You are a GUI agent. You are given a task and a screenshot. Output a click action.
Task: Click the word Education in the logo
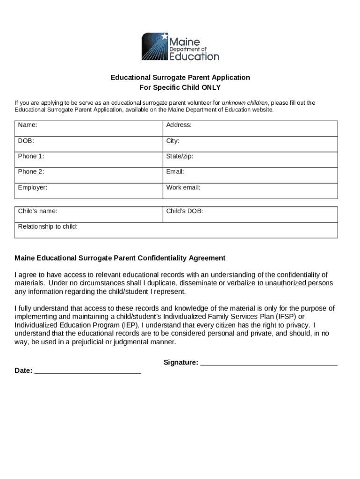[x=194, y=57]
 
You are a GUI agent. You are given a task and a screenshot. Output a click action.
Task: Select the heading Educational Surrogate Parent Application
[x=180, y=77]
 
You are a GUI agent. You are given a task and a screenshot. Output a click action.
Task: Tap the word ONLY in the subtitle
[x=211, y=87]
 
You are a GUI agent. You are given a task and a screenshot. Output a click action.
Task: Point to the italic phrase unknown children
[x=245, y=103]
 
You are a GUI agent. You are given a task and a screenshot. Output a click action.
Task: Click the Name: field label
[x=28, y=125]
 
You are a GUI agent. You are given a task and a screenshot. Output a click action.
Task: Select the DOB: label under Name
[x=26, y=141]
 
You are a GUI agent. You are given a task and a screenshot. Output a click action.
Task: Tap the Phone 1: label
[x=31, y=156]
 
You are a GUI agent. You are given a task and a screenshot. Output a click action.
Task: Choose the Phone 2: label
[x=31, y=172]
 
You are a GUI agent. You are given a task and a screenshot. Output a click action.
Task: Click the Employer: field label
[x=33, y=188]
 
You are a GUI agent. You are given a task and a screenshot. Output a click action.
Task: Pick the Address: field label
[x=179, y=125]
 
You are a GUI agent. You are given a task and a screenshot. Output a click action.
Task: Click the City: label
[x=173, y=141]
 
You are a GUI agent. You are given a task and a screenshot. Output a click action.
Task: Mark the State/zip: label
[x=180, y=156]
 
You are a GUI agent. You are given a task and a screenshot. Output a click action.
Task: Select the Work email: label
[x=183, y=188]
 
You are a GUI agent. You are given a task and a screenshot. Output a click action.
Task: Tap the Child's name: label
[x=38, y=211]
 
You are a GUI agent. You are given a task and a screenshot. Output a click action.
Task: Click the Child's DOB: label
[x=185, y=211]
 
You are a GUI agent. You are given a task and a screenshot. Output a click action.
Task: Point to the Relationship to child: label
[x=48, y=227]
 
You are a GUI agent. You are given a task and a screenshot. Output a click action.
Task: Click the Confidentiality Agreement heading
[x=120, y=258]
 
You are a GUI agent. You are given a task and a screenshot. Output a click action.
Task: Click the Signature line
[x=269, y=363]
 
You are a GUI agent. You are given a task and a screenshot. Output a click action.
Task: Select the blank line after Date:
[x=88, y=371]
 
